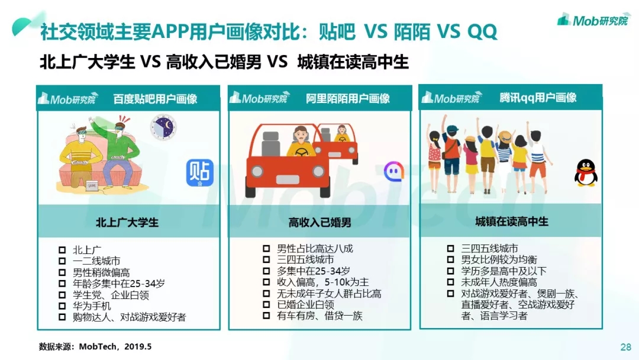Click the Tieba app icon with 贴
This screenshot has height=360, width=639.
(200, 172)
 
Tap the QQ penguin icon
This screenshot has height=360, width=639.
(586, 173)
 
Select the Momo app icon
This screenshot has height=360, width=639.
(393, 172)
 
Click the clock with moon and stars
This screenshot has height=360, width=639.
(163, 127)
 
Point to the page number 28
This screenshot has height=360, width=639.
(625, 347)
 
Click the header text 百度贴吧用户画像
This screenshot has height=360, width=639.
(155, 99)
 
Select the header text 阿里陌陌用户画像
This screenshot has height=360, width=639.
(348, 98)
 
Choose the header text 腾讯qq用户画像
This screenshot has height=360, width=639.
(538, 98)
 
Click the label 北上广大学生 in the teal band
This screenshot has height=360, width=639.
(127, 222)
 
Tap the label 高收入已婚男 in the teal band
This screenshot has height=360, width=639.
(320, 222)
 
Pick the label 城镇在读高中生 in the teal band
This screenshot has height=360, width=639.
(512, 221)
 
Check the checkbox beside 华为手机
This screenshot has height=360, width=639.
(62, 306)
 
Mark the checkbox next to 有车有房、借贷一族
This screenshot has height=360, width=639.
(266, 316)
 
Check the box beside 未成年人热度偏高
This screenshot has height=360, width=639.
(450, 282)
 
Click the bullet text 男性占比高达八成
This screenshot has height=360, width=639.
(315, 249)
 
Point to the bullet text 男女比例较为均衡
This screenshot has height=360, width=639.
(499, 260)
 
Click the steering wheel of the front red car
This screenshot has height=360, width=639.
(302, 152)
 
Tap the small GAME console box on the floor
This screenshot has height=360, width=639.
(92, 185)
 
